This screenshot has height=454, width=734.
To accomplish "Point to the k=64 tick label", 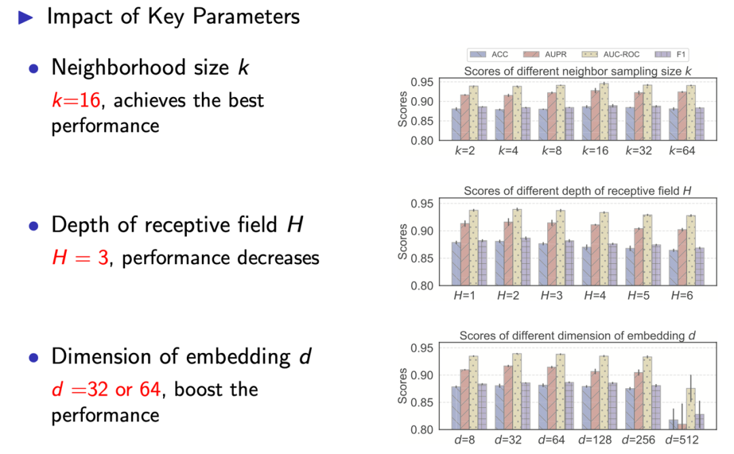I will coord(682,151).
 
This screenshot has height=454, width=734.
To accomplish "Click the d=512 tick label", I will coord(682,440).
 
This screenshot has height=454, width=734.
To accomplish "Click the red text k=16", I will coord(76,101).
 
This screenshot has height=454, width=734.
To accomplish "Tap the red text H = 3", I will coord(80,257).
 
